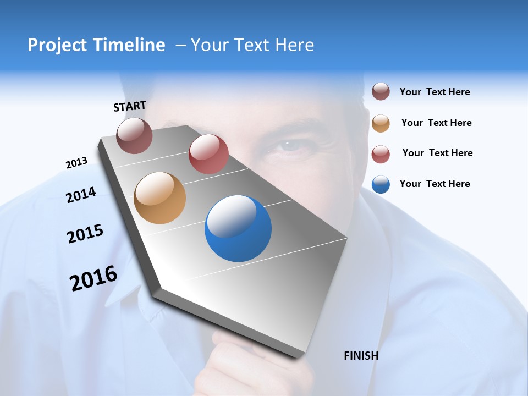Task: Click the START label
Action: click(130, 106)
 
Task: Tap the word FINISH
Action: click(361, 356)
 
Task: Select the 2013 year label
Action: click(76, 163)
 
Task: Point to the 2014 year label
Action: click(81, 195)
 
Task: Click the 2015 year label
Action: click(85, 234)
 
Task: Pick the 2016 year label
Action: click(94, 278)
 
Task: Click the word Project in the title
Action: click(57, 45)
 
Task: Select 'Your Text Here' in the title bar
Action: click(252, 45)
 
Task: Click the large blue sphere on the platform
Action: click(238, 229)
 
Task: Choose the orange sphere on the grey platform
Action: click(160, 198)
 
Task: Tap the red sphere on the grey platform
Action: click(208, 154)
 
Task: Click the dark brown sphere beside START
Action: click(134, 135)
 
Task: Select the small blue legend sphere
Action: click(381, 184)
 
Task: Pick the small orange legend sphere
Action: click(381, 123)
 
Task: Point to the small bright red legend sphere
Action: click(381, 154)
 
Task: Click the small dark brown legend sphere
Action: click(381, 91)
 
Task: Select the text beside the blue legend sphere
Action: click(435, 184)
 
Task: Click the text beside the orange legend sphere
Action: click(436, 123)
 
